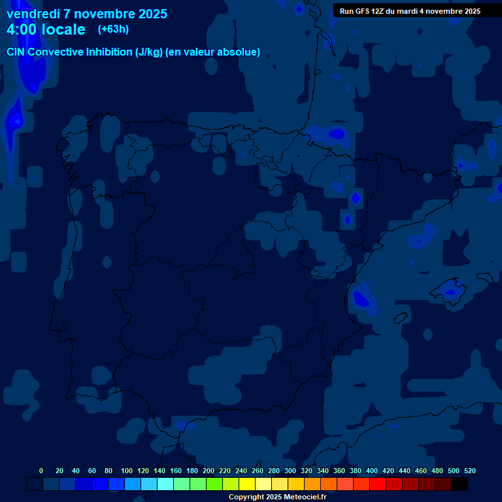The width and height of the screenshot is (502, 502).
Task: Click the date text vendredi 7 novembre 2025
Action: point(86,14)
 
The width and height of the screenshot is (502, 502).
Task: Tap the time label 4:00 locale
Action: point(46,29)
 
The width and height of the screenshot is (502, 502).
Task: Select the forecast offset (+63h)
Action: point(113,29)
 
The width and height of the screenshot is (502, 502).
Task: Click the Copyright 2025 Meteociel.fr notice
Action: point(277,497)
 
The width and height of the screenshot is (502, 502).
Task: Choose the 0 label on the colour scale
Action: point(41,471)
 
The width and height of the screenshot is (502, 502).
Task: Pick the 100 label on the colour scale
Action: point(127,471)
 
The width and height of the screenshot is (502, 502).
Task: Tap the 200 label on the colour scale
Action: point(209,471)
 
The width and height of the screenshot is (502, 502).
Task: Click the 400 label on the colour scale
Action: point(372,471)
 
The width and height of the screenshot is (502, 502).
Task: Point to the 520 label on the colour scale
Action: point(470,471)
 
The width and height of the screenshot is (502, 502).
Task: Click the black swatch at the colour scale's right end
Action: point(460,484)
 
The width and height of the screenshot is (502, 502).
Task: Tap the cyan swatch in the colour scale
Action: point(165,484)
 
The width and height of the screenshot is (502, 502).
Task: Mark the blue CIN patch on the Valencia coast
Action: point(361,299)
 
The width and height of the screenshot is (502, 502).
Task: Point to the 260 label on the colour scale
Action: point(258,471)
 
